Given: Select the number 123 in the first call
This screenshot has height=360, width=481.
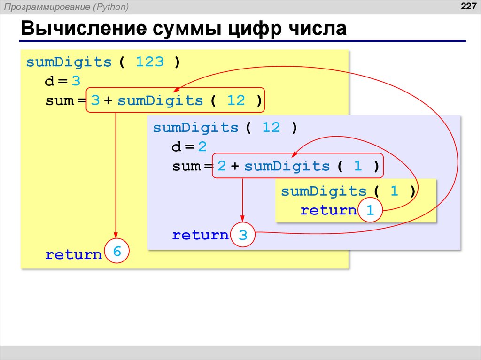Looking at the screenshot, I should pyautogui.click(x=149, y=62).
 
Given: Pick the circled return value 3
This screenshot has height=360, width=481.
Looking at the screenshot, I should pyautogui.click(x=242, y=235).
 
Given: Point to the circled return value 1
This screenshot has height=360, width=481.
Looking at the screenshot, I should pyautogui.click(x=370, y=211).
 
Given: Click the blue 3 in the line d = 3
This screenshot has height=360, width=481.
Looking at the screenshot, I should pyautogui.click(x=76, y=81).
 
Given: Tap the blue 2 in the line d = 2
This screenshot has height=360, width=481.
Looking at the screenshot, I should pyautogui.click(x=202, y=147).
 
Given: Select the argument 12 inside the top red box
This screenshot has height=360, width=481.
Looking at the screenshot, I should pyautogui.click(x=236, y=100).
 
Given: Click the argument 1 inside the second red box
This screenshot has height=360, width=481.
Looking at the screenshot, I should pyautogui.click(x=358, y=166).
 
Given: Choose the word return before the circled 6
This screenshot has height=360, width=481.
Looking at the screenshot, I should pyautogui.click(x=73, y=255).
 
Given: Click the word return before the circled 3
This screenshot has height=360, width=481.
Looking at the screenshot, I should pyautogui.click(x=200, y=235).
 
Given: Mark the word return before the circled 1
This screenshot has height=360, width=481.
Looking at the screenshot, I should pyautogui.click(x=328, y=210).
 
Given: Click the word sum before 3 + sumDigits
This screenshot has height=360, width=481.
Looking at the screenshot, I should pyautogui.click(x=59, y=100).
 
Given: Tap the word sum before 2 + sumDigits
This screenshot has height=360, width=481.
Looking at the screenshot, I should pyautogui.click(x=186, y=166).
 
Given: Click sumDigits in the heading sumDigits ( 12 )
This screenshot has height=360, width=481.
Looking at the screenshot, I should pyautogui.click(x=195, y=128).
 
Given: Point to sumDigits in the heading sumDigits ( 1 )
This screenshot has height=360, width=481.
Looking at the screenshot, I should pyautogui.click(x=324, y=191).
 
